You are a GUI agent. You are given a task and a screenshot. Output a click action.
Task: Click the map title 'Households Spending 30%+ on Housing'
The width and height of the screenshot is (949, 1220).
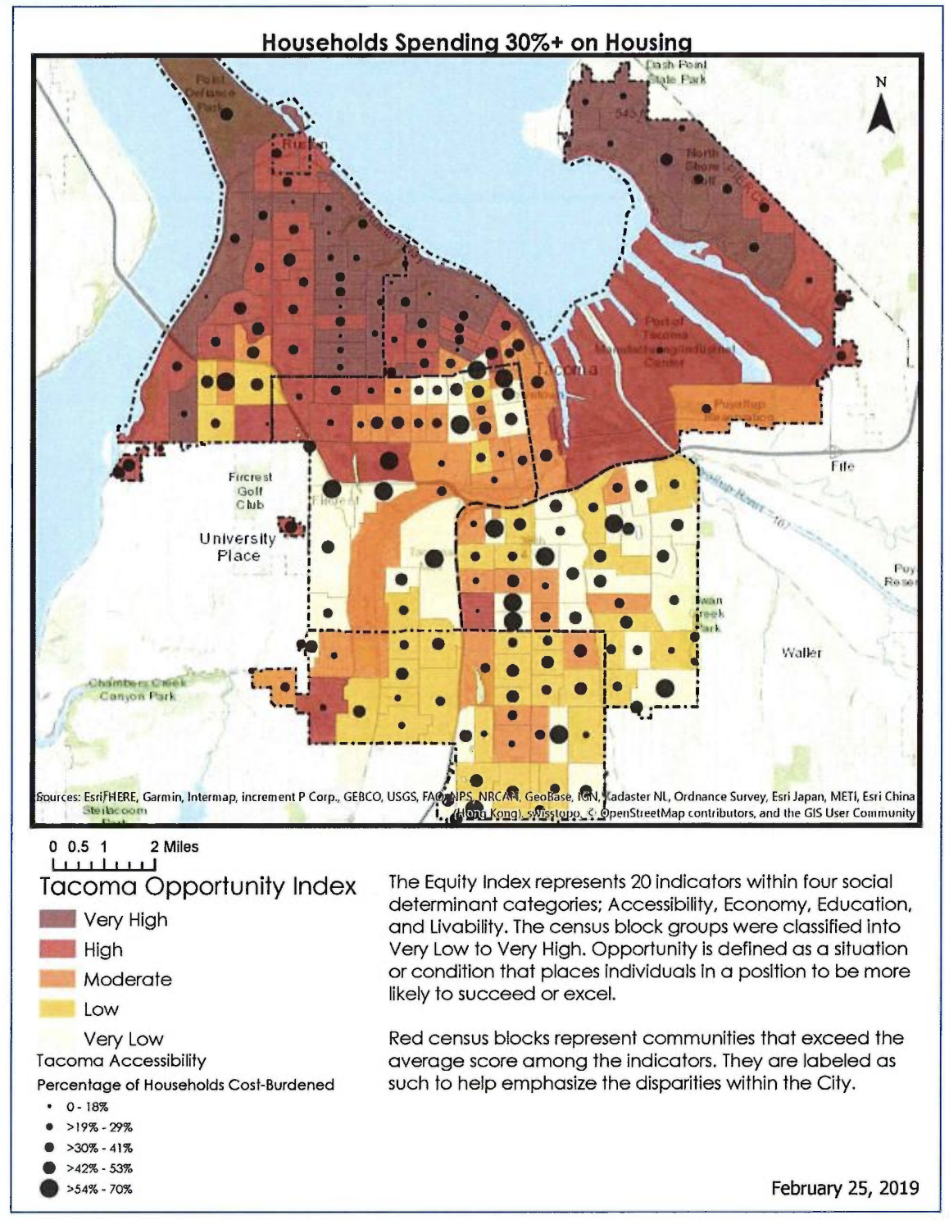pos(476,42)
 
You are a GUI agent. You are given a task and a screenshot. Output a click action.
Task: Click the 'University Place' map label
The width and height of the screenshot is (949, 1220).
pos(238,547)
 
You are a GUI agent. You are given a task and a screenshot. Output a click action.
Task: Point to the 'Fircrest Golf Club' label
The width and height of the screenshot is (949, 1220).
pos(250,490)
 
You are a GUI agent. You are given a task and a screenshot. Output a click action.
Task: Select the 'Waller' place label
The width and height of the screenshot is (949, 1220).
pos(801,653)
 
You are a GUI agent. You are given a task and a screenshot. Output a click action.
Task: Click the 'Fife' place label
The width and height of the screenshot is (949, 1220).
pos(842,466)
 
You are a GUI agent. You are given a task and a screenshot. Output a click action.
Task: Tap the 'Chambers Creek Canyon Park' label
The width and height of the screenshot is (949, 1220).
pos(138,689)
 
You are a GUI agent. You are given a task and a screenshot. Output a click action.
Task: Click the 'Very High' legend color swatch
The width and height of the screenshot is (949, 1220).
pos(57,920)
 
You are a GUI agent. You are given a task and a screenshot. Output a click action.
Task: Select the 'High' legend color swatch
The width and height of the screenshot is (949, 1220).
pos(57,949)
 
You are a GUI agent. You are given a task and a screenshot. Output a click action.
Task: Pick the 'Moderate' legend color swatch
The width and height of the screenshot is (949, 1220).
pos(57,979)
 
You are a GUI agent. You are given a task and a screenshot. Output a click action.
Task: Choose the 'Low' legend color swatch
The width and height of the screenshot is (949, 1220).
pos(57,1009)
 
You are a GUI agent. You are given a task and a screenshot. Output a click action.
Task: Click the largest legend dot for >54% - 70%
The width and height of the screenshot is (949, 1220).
pos(49,1189)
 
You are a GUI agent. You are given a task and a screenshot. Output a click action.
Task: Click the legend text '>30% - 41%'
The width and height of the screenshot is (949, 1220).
pos(99,1148)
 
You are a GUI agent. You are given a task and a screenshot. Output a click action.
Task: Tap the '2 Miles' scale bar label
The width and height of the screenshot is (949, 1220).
pos(174,847)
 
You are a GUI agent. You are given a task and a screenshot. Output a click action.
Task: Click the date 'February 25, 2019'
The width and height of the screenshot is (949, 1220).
pos(844,1188)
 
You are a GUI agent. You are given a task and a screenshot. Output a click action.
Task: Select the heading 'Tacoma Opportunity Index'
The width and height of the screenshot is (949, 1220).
pos(198,887)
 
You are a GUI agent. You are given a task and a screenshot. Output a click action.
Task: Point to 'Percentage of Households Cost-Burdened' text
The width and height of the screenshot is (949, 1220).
pos(185,1085)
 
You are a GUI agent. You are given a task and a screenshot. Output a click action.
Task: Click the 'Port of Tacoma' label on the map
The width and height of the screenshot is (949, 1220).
pos(664,328)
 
